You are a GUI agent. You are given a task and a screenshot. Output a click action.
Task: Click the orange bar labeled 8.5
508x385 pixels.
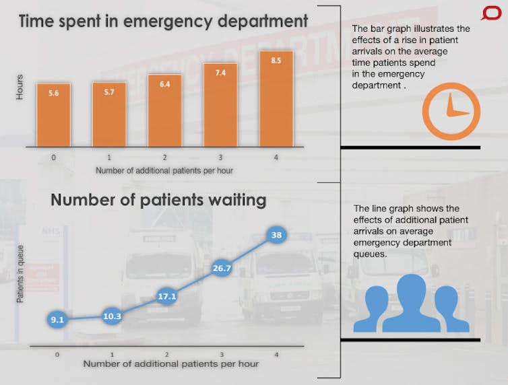[276, 99]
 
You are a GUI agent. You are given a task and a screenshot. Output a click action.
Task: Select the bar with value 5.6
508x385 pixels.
[54, 115]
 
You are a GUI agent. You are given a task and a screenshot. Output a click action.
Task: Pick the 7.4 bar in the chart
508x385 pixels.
[220, 104]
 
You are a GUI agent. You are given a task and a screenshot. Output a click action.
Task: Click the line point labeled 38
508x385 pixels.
[276, 236]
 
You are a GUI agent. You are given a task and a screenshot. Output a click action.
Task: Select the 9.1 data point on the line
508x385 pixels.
[57, 320]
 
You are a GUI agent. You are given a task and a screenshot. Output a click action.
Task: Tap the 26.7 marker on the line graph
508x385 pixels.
[222, 269]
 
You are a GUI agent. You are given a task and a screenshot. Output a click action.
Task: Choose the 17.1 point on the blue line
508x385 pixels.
[166, 295]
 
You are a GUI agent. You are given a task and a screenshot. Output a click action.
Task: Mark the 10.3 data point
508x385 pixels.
[112, 315]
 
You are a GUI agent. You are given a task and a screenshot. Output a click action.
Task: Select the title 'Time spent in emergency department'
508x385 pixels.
[163, 21]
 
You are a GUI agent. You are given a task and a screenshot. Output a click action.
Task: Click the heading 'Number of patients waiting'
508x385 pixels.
[158, 200]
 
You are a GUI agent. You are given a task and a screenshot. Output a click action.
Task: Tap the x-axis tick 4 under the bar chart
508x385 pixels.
[276, 157]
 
